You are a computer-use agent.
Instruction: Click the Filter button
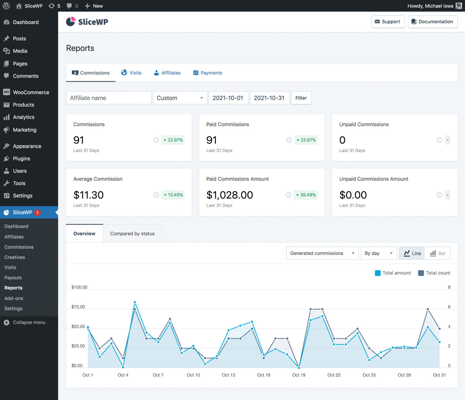pyautogui.click(x=301, y=98)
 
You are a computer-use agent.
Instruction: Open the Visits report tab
pyautogui.click(x=131, y=73)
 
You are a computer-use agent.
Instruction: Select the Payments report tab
pyautogui.click(x=208, y=73)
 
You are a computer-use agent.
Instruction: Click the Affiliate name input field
pyautogui.click(x=109, y=98)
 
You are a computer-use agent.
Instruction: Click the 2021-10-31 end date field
pyautogui.click(x=269, y=98)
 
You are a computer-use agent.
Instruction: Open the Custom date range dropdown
pyautogui.click(x=180, y=98)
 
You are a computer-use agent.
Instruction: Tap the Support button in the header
pyautogui.click(x=388, y=22)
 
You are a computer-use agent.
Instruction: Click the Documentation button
pyautogui.click(x=432, y=22)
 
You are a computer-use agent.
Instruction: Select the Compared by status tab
pyautogui.click(x=132, y=234)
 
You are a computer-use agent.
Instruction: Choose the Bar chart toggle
pyautogui.click(x=438, y=253)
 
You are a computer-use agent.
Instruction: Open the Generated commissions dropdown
pyautogui.click(x=322, y=253)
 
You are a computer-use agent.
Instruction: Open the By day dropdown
pyautogui.click(x=378, y=253)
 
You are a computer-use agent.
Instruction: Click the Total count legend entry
pyautogui.click(x=434, y=273)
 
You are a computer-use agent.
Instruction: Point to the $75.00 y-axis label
pyautogui.click(x=78, y=307)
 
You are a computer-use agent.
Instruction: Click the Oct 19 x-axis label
pyautogui.click(x=299, y=375)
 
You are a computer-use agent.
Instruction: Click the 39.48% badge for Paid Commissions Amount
pyautogui.click(x=306, y=195)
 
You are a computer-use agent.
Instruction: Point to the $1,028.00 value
pyautogui.click(x=229, y=195)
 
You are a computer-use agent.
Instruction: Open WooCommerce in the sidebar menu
pyautogui.click(x=31, y=92)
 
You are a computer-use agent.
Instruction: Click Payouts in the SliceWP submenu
pyautogui.click(x=13, y=278)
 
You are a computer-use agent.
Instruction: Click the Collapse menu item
pyautogui.click(x=29, y=322)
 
